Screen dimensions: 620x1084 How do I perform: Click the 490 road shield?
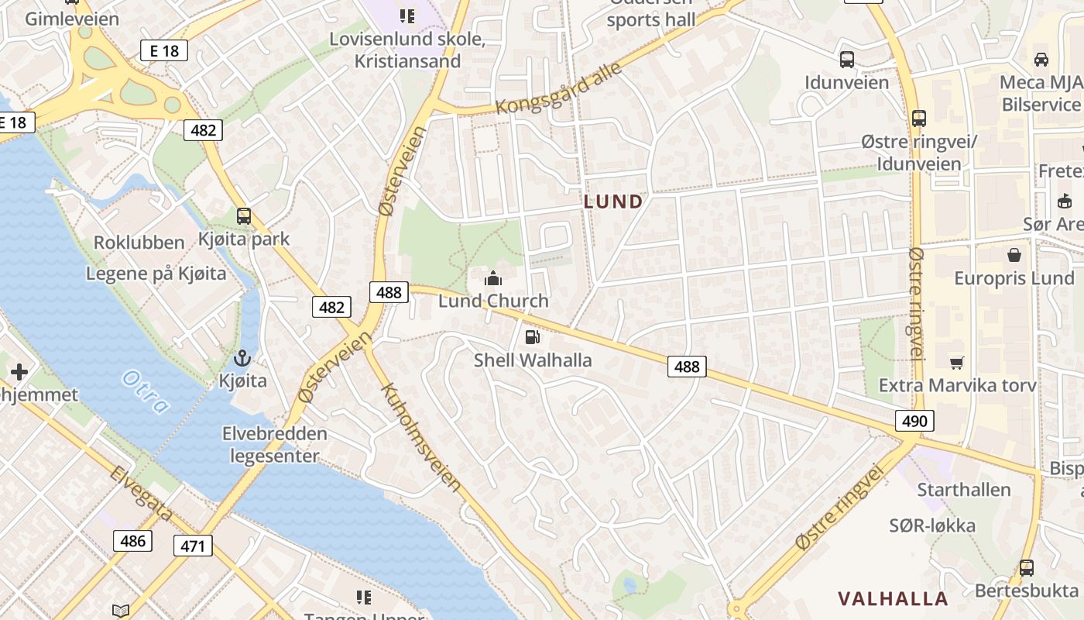(914, 421)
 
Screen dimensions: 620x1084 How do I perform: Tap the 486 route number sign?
(132, 540)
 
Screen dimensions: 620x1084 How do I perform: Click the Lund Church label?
(493, 301)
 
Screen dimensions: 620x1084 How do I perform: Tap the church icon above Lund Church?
(493, 278)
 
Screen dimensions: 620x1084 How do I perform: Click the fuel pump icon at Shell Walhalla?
(532, 336)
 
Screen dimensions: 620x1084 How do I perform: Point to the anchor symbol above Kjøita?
(242, 358)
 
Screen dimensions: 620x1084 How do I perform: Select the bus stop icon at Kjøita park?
(244, 216)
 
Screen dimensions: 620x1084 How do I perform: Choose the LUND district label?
(613, 202)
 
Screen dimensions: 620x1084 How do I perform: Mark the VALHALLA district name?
(893, 598)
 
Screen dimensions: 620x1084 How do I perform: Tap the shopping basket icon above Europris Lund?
(1014, 255)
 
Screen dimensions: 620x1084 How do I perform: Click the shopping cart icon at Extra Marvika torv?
(957, 362)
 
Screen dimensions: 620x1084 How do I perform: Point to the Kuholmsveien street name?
(421, 437)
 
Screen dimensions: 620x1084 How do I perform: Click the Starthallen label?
(964, 490)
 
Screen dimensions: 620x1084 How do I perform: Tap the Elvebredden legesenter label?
(275, 445)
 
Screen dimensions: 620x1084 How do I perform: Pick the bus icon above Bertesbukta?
(1027, 568)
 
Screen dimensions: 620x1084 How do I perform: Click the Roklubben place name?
(139, 243)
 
